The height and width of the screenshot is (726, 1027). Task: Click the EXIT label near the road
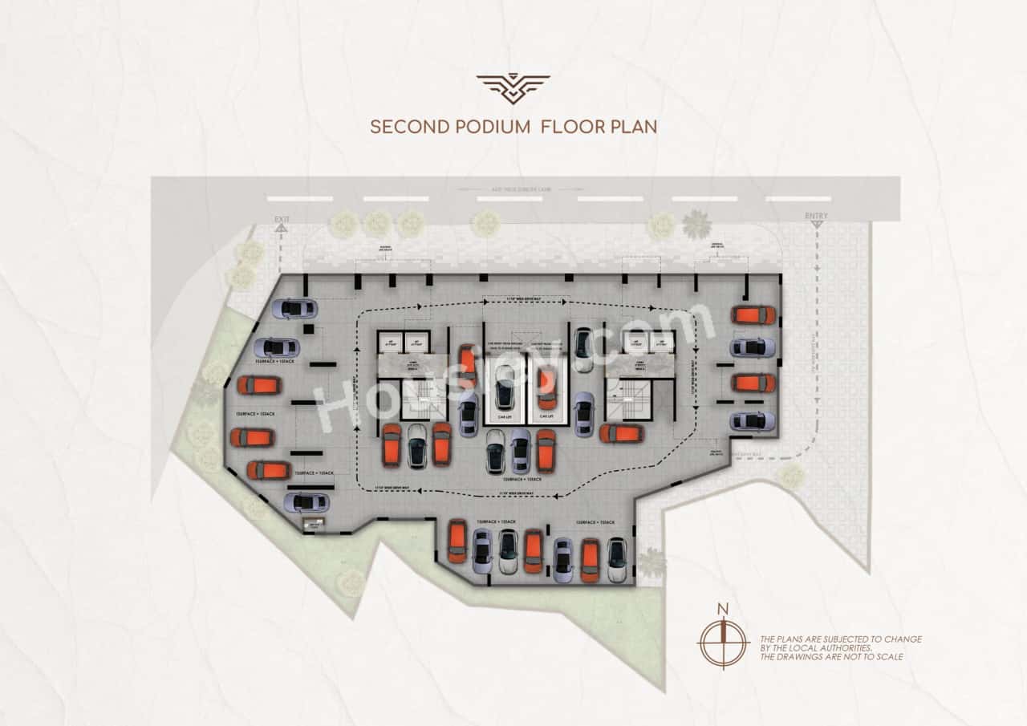pos(281,218)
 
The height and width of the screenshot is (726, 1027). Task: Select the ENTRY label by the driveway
pos(817,216)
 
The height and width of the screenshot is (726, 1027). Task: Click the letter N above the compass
pos(723,609)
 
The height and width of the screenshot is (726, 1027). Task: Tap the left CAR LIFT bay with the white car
pos(504,390)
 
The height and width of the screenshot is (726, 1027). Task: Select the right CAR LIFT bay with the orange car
pos(547,390)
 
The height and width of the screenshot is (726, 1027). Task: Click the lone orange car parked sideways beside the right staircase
pos(622,434)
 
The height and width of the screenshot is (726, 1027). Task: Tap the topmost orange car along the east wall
pos(753,315)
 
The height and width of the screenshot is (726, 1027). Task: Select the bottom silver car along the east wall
pos(753,421)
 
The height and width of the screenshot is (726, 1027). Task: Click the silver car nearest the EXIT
pos(294,308)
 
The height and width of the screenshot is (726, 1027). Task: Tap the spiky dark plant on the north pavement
pos(696,224)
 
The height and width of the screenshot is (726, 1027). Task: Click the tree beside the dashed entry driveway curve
pos(791,477)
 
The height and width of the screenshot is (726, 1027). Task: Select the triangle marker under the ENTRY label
pos(817,225)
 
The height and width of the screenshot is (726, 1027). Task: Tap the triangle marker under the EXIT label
pos(281,228)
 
